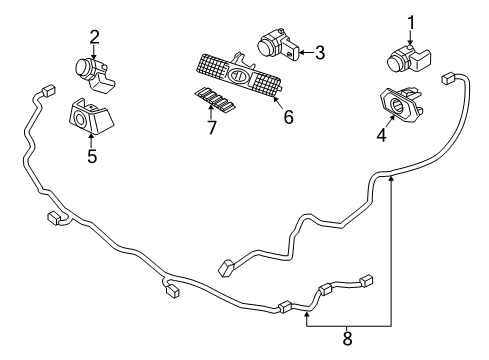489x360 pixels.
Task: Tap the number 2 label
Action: (94, 37)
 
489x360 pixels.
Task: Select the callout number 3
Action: (320, 53)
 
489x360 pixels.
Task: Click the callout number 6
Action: (288, 118)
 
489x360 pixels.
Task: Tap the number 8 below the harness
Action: (346, 338)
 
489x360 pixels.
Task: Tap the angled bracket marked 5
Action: (90, 118)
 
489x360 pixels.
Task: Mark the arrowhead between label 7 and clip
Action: (210, 113)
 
